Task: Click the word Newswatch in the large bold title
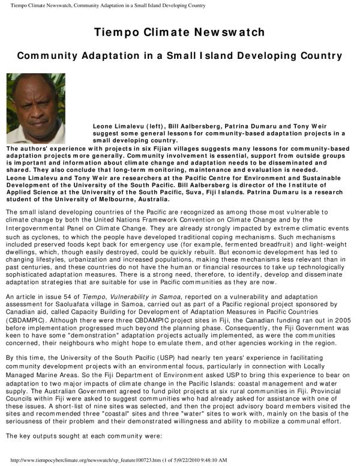click(x=230, y=32)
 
